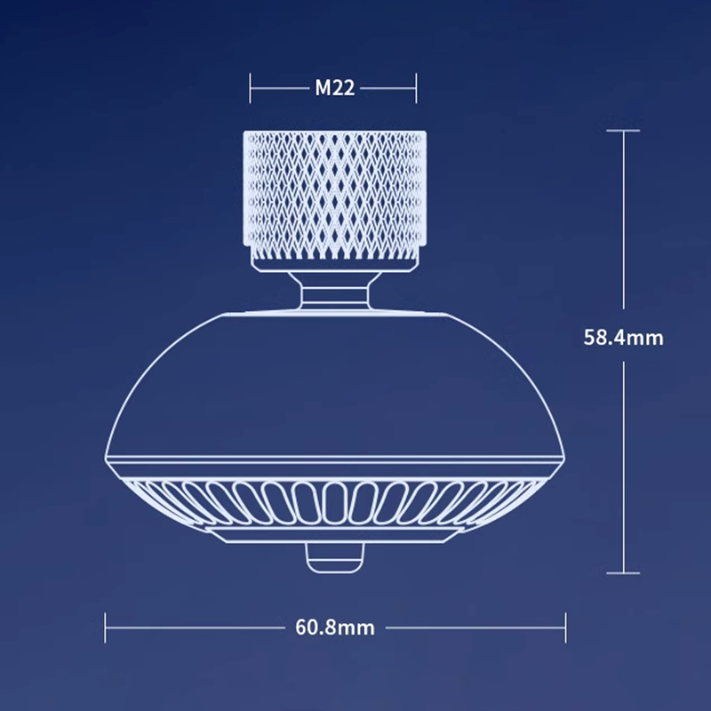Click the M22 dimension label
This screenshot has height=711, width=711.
(x=334, y=88)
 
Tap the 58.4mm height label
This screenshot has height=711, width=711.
(x=623, y=338)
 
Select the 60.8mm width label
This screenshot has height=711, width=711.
(x=334, y=627)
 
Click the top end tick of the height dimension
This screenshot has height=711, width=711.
(x=623, y=131)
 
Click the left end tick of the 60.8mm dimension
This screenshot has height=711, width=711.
(x=106, y=627)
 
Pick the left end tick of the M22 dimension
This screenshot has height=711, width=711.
(x=252, y=88)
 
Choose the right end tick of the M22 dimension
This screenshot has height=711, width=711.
(x=417, y=88)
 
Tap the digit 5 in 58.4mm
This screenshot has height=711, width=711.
(x=590, y=338)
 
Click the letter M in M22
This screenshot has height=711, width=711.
(x=323, y=88)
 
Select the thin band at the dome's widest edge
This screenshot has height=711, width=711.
(x=334, y=462)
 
